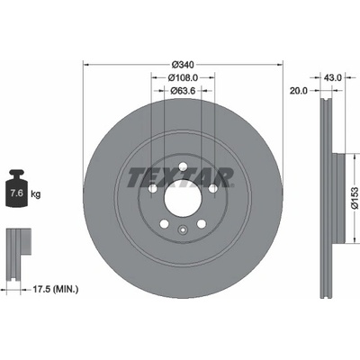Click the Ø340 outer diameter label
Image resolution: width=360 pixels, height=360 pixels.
point(183,64)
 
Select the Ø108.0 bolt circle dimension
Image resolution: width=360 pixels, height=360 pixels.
point(183,77)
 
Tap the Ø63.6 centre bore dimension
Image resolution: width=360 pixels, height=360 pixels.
point(183,90)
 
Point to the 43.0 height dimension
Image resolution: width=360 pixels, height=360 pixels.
point(333,77)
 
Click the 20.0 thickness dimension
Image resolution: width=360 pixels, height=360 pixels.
point(299,91)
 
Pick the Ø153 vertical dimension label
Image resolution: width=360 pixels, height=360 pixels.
point(355,198)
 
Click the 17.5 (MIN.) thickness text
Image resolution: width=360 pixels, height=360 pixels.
point(55,290)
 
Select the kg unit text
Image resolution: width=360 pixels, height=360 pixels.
point(35,194)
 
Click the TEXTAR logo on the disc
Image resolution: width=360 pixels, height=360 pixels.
point(181,177)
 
